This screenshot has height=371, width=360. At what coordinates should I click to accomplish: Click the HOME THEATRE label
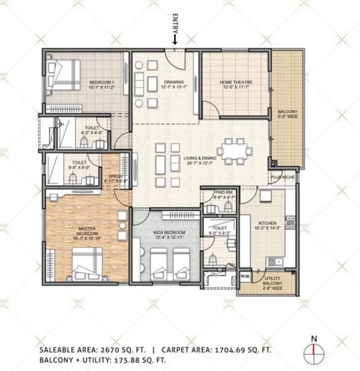coord(236,85)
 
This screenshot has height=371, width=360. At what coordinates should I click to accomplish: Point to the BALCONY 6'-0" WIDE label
coord(288,114)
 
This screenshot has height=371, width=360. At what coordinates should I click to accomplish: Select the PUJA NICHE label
coord(282,177)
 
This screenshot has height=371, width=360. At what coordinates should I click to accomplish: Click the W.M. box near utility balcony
coord(245,276)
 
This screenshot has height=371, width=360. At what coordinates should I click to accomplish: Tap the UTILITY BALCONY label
coord(273,282)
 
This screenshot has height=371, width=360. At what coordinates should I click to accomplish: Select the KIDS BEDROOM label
coord(165,235)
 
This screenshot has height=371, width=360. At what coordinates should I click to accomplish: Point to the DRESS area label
coord(117,179)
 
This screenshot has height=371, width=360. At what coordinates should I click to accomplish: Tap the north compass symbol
coord(314,349)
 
